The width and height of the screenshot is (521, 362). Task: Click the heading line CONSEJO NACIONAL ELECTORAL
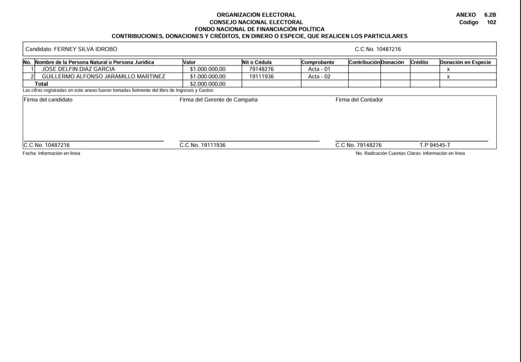256,22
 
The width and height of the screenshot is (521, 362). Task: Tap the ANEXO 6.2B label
476,15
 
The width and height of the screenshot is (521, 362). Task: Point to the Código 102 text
478,22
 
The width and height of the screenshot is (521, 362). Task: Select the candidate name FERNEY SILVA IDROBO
86,49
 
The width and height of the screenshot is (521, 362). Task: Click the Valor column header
190,62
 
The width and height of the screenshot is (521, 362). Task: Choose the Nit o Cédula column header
257,62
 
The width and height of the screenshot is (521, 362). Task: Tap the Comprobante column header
318,62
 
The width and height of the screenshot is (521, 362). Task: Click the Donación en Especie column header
465,62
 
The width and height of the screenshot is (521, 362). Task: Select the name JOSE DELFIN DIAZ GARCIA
78,69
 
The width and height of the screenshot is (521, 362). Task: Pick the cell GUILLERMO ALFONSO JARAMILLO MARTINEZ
104,77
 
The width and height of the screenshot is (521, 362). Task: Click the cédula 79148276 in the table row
261,69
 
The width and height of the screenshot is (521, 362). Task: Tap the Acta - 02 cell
319,77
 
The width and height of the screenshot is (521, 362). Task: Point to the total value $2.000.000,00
207,84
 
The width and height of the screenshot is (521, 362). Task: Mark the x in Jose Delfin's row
448,69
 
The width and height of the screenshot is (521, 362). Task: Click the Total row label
41,84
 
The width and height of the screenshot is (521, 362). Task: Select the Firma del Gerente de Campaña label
218,99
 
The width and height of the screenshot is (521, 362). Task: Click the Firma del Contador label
359,99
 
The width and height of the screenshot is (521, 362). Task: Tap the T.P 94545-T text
435,145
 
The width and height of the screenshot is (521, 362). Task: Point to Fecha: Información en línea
51,153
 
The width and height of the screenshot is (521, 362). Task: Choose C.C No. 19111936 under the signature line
203,145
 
